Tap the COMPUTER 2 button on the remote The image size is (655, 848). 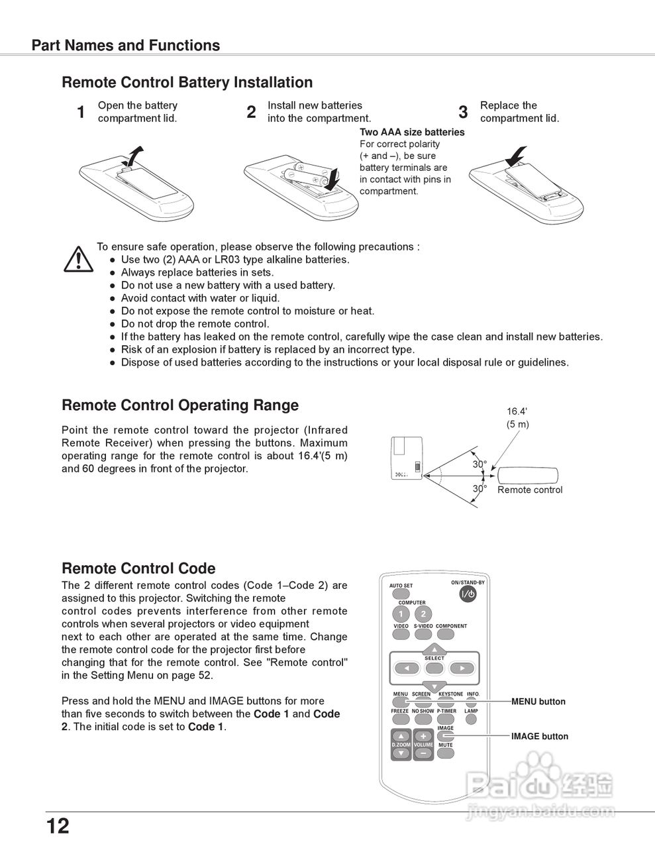[423, 613]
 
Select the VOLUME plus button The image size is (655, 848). [423, 736]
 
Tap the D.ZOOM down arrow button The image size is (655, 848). [401, 753]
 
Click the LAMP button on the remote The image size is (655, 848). [471, 719]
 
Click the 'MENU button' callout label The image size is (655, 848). [538, 702]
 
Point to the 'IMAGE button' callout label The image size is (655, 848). [539, 736]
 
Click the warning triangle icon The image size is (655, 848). [78, 259]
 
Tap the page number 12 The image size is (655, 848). [58, 826]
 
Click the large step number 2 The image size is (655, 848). [251, 113]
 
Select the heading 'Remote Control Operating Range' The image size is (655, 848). [180, 405]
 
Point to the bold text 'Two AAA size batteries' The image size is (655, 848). [412, 132]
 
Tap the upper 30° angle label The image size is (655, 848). [479, 464]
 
